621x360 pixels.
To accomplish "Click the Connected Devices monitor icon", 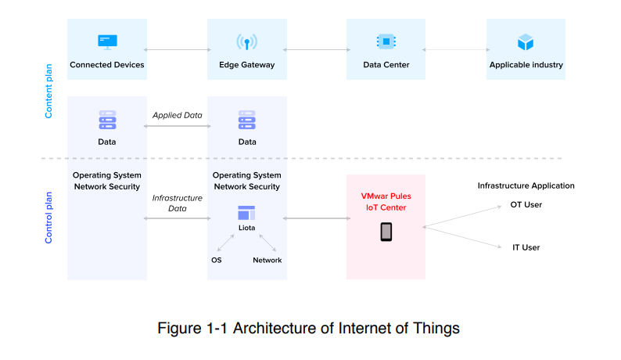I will click(x=106, y=41).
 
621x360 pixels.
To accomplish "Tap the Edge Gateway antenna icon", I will click(x=246, y=41).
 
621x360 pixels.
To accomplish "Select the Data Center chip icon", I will click(x=386, y=41).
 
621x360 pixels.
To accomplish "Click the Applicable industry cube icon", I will click(x=525, y=41).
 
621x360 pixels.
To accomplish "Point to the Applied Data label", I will click(x=177, y=115).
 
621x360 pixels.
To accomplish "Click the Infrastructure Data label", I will click(x=177, y=203).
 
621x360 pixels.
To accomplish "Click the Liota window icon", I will click(x=246, y=212).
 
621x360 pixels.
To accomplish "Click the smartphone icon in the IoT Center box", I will click(x=386, y=232).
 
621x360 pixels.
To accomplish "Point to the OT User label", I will click(x=526, y=205).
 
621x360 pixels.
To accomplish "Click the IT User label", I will click(x=526, y=247).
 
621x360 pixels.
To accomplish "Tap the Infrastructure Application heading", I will click(x=526, y=185).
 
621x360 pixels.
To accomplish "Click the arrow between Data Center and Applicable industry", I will click(x=455, y=50).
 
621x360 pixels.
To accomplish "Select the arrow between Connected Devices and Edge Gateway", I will click(x=177, y=50).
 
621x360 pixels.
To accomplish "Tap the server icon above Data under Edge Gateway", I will click(x=247, y=120).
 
